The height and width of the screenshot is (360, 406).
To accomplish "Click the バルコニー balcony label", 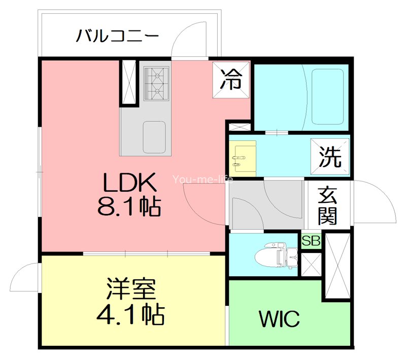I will click(x=118, y=37).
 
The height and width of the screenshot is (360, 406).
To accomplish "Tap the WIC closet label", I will click(x=279, y=319).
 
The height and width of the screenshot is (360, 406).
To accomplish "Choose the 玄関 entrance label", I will click(x=328, y=206).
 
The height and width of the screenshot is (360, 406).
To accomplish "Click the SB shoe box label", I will click(x=311, y=241).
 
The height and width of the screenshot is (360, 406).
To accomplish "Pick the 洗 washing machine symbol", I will click(x=330, y=157).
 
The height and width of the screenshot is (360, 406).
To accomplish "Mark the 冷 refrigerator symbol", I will click(x=231, y=80).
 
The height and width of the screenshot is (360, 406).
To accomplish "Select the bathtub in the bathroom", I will click(x=327, y=96).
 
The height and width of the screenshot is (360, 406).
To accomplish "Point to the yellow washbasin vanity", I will click(x=242, y=157).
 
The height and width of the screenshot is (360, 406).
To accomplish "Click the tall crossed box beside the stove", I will click(x=128, y=83).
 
